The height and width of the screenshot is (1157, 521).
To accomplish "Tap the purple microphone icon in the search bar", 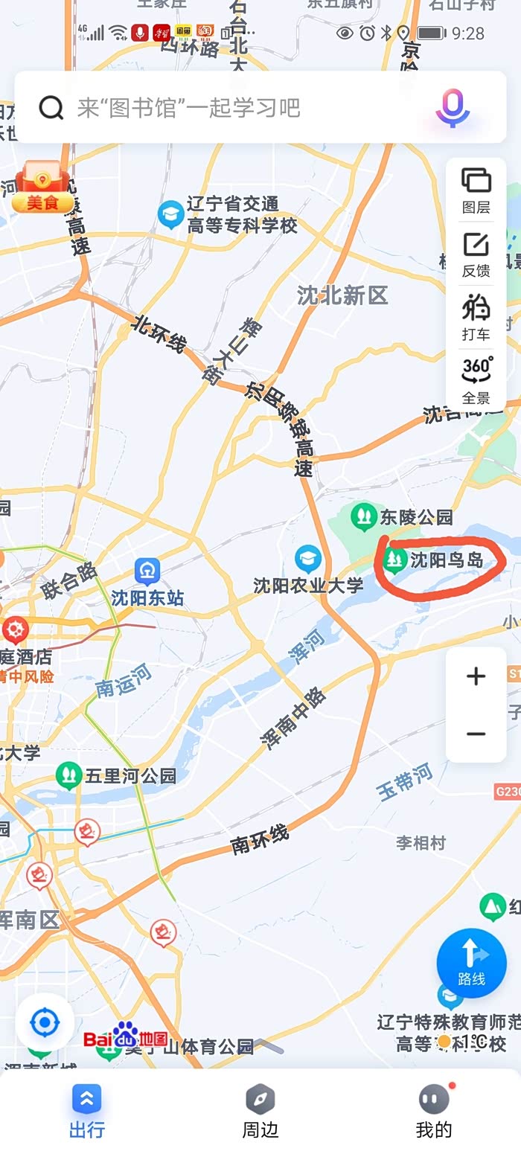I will click(x=452, y=108).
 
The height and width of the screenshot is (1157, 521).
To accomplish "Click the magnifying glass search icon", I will click(x=51, y=108).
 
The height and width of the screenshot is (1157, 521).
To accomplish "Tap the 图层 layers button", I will click(x=476, y=190).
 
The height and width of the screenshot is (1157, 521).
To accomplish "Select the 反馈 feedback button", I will click(x=476, y=254).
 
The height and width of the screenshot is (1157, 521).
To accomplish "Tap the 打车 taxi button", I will click(x=476, y=318).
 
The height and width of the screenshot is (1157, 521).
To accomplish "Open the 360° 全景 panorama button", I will click(x=476, y=380).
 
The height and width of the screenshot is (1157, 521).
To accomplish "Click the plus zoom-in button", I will click(x=476, y=676).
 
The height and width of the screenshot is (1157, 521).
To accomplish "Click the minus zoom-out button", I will click(x=476, y=734).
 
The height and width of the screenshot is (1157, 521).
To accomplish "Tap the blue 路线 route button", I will click(x=471, y=963).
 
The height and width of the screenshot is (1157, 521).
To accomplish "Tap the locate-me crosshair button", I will click(x=45, y=1023).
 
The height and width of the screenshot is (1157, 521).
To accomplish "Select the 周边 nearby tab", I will click(x=260, y=1111).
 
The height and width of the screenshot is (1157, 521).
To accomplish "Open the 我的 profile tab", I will click(x=434, y=1111).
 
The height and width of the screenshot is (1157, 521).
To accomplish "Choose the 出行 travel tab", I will click(x=87, y=1111).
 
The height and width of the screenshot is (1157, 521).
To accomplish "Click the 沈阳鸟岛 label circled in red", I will click(x=447, y=560).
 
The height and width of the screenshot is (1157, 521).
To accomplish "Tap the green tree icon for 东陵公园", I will click(x=364, y=516).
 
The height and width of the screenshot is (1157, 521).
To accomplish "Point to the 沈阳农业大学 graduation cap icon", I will click(x=307, y=559).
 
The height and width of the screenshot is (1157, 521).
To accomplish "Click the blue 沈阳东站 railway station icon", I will click(x=147, y=571).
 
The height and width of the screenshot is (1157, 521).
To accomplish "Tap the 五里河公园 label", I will click(x=130, y=776).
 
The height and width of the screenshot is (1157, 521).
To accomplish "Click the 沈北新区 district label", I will click(x=342, y=295).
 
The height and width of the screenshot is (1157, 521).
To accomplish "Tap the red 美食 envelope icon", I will click(x=42, y=187).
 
